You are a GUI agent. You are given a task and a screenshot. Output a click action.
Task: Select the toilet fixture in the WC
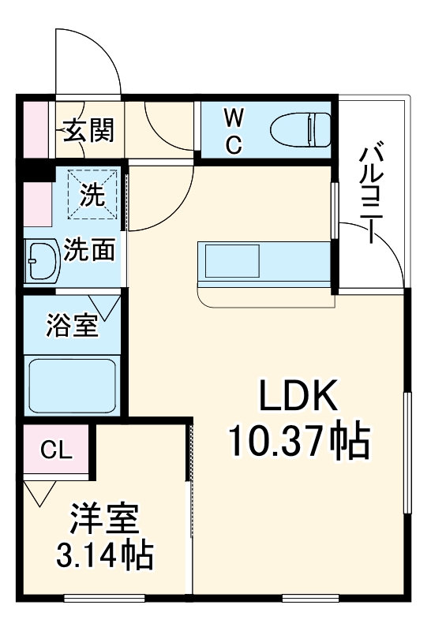tap(300, 129)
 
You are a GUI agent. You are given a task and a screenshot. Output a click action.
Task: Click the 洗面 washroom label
tap(89, 250)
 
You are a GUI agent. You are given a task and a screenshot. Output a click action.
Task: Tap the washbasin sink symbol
tap(39, 261)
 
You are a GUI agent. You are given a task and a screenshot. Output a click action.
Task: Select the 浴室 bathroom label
tap(72, 326)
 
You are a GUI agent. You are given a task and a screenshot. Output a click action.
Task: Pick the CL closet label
tap(55, 450)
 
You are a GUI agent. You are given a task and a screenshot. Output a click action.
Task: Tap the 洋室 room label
tap(104, 521)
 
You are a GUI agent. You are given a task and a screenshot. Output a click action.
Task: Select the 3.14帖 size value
tap(104, 557)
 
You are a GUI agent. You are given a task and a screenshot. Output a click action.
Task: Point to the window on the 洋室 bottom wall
tap(102, 597)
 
